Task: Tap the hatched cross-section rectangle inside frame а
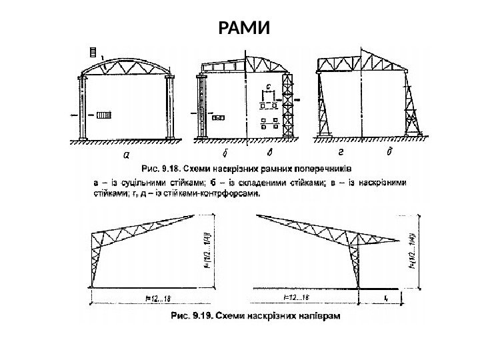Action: [x=104, y=115]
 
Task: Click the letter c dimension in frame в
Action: [x=268, y=86]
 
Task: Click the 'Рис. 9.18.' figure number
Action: [x=159, y=167]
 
